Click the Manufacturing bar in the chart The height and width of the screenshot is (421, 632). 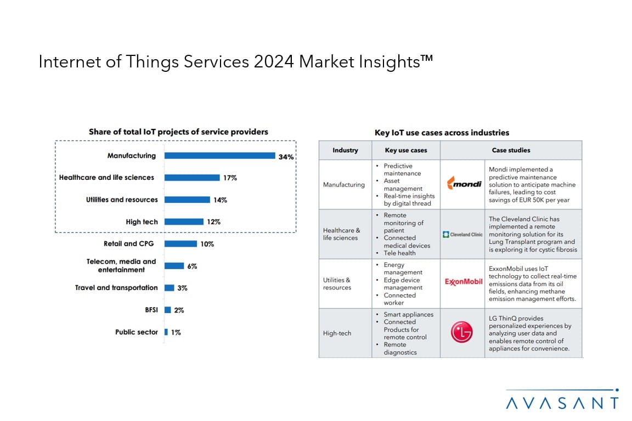click(x=219, y=156)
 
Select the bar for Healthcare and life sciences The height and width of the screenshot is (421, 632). click(x=192, y=178)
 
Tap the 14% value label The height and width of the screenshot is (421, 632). click(x=220, y=200)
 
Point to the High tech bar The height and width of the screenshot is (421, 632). click(x=184, y=222)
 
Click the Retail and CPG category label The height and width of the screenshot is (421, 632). click(x=128, y=244)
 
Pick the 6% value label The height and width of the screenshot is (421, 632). click(x=192, y=266)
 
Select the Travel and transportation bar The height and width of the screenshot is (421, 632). click(x=170, y=288)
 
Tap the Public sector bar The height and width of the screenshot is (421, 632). click(x=166, y=332)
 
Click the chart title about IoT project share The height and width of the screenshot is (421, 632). click(x=178, y=132)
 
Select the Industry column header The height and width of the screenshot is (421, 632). click(x=345, y=150)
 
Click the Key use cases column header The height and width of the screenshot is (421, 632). click(x=405, y=150)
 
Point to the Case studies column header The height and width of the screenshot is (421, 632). click(x=511, y=150)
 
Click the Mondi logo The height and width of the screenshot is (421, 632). click(x=463, y=184)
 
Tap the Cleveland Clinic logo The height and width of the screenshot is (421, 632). click(x=462, y=235)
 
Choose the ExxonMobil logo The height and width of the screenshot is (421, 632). click(x=463, y=282)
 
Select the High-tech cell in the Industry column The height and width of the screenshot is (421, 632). click(x=337, y=333)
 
